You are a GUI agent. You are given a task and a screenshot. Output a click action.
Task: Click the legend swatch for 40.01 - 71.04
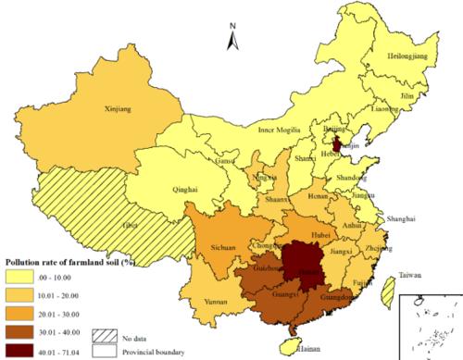28,350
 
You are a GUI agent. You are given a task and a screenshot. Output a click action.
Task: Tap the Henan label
319,196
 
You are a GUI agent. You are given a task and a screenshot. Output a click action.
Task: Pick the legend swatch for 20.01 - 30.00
28,313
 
